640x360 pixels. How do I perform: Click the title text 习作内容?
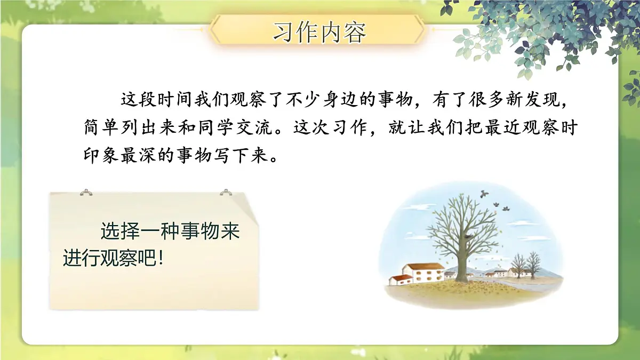[x=319, y=32]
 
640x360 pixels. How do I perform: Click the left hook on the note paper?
[x=85, y=192]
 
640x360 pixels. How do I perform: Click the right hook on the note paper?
[x=226, y=192]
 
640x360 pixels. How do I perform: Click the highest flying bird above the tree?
[x=484, y=193]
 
